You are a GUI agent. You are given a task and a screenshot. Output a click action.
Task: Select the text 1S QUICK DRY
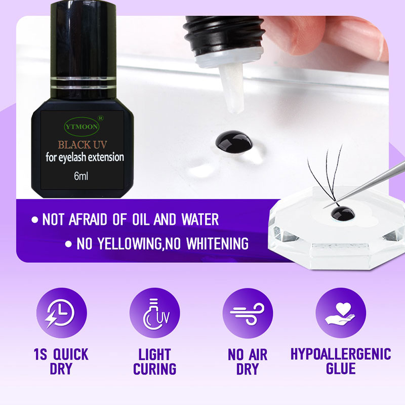click(61, 361)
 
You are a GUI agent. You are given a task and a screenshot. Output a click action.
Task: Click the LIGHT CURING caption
click(154, 361)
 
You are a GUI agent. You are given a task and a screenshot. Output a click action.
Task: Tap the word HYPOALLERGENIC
click(341, 354)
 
